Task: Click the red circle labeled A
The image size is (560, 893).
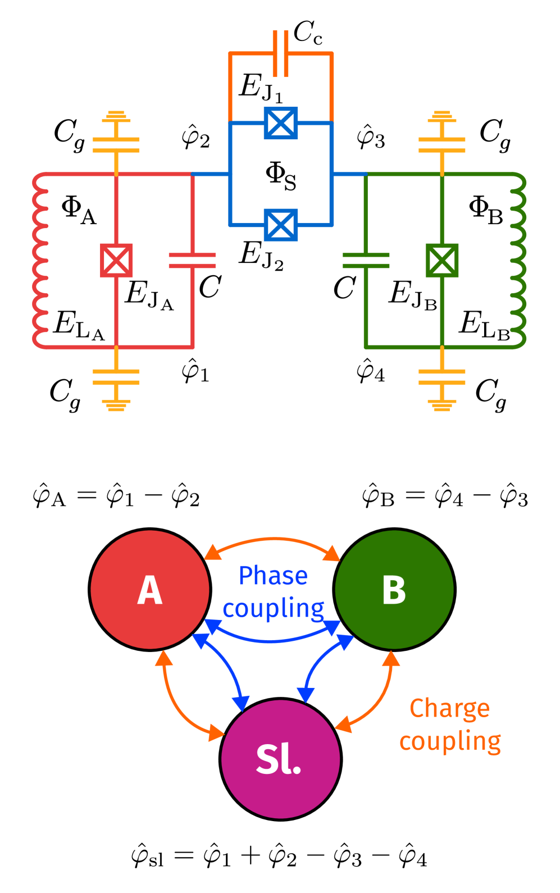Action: click(x=150, y=590)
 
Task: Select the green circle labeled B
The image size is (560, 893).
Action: click(x=394, y=590)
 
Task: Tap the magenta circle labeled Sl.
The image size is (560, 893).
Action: click(x=280, y=759)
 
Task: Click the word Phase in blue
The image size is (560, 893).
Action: click(x=273, y=576)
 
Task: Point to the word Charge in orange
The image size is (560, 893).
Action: click(x=449, y=709)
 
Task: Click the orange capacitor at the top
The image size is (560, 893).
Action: click(x=280, y=54)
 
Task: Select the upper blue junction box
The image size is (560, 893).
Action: click(x=280, y=123)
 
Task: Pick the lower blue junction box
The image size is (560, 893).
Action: click(x=280, y=225)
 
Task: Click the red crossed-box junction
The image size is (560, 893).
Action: click(x=116, y=261)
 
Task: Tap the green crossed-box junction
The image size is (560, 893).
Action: click(x=442, y=261)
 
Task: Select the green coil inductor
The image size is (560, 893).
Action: click(x=520, y=261)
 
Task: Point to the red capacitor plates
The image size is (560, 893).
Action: click(x=192, y=261)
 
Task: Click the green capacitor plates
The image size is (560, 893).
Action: click(x=366, y=261)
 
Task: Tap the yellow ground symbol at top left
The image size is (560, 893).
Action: click(x=116, y=116)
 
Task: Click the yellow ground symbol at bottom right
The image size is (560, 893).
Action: click(x=442, y=405)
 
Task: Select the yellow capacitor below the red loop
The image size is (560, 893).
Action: click(x=116, y=377)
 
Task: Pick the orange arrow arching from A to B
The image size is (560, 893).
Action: click(x=273, y=539)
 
